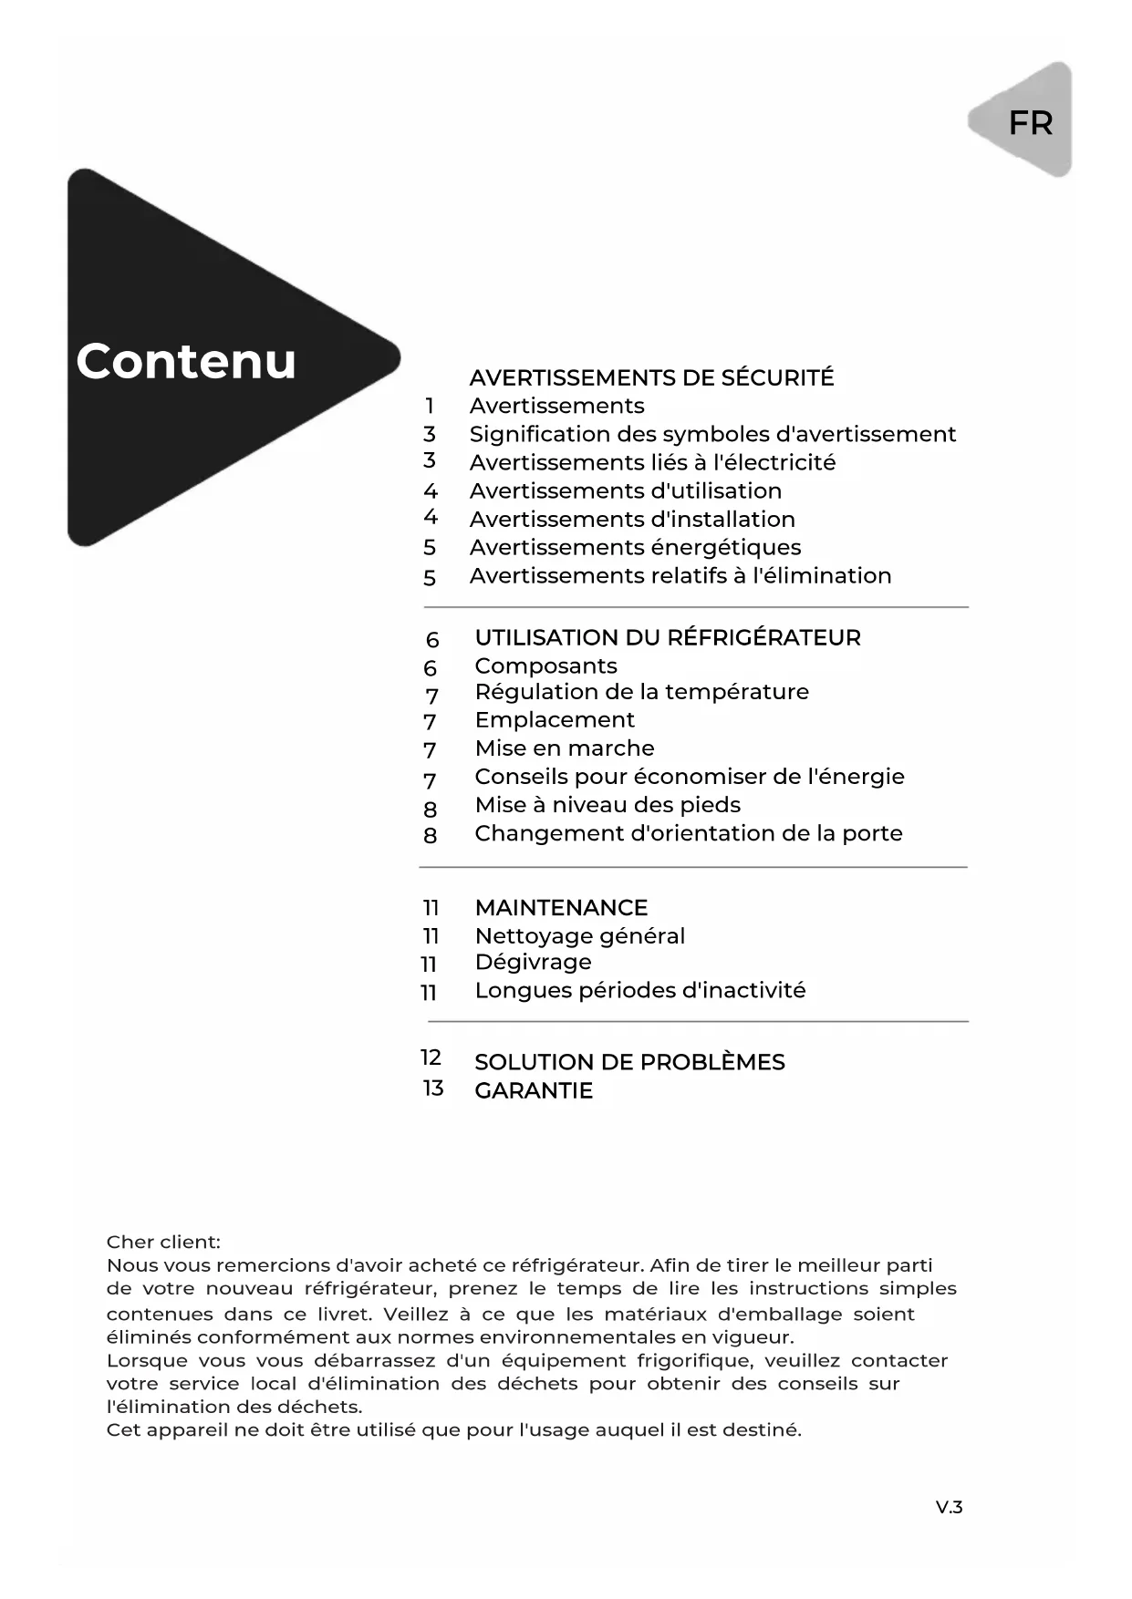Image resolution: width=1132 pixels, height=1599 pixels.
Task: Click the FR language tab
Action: [1030, 122]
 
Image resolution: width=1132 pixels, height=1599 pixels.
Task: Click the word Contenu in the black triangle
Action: [186, 361]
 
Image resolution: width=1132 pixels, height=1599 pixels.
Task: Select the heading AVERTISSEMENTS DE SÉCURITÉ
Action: [651, 377]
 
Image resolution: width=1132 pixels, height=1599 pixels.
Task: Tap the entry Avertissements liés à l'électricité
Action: [652, 462]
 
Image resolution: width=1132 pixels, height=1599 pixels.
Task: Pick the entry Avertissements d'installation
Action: [632, 519]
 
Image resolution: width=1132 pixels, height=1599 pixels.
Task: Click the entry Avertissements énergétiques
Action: [635, 547]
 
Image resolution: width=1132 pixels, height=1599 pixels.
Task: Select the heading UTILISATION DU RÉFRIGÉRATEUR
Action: [667, 637]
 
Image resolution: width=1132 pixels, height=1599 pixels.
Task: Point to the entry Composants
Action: [545, 665]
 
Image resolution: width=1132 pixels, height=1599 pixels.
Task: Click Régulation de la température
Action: [641, 692]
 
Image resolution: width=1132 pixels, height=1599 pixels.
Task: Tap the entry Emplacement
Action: [555, 720]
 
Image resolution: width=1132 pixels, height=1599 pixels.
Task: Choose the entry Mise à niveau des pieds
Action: [608, 805]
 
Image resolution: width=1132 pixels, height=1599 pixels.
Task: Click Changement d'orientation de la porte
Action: [689, 833]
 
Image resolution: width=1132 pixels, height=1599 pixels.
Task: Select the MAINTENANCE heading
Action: [561, 908]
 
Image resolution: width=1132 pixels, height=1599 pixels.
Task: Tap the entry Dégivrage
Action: [533, 963]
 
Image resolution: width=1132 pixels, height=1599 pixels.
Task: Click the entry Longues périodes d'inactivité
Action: [640, 991]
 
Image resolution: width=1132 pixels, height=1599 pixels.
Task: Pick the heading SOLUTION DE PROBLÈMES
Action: [629, 1062]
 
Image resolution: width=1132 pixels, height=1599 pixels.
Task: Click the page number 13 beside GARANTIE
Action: [432, 1088]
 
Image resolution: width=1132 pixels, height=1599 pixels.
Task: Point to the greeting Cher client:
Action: [163, 1242]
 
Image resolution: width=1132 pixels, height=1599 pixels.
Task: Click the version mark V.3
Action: [949, 1507]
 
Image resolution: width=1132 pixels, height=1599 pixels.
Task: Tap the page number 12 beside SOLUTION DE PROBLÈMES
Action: [431, 1057]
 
